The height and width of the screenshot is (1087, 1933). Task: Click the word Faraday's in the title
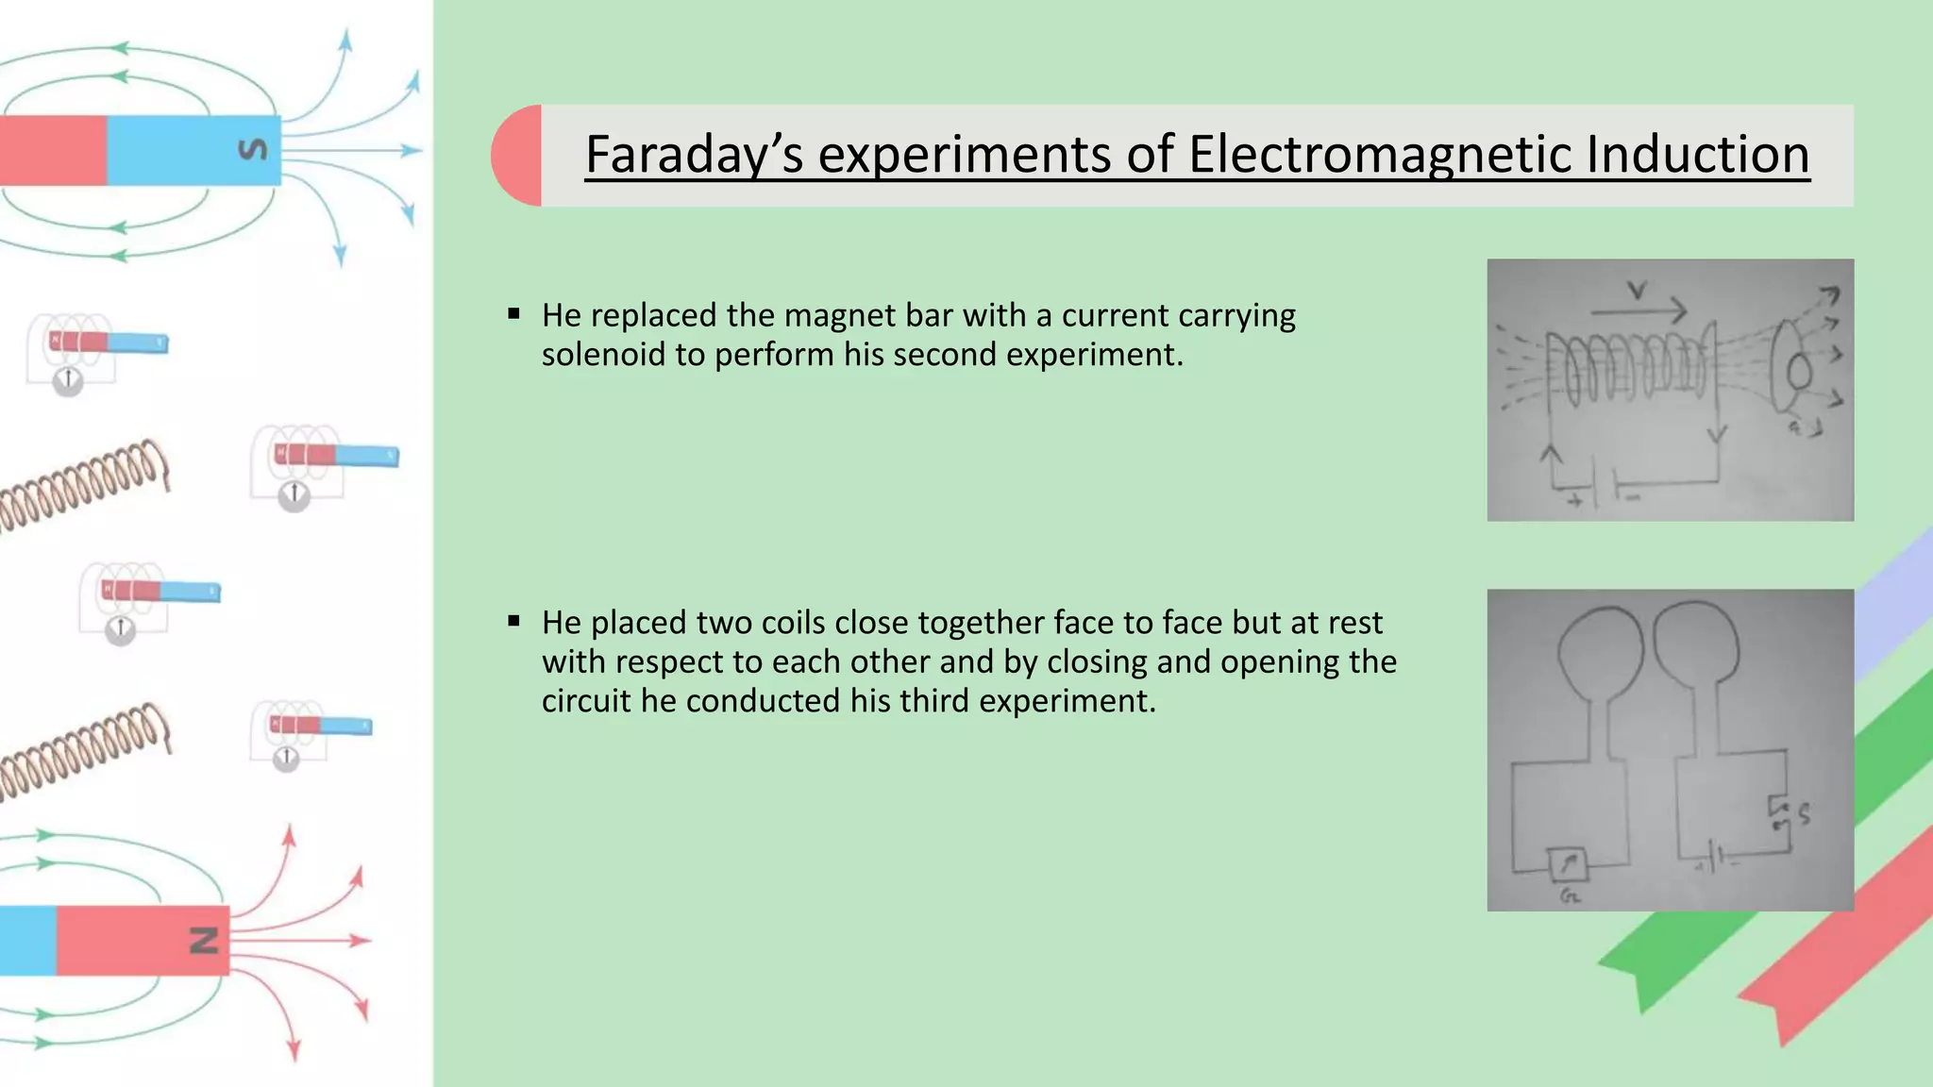tap(694, 155)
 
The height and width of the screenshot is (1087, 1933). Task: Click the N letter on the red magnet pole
tap(205, 940)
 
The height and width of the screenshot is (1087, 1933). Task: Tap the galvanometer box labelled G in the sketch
tap(1568, 863)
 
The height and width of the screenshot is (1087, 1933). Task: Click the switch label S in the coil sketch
tap(1804, 814)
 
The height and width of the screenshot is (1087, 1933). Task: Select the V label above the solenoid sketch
tap(1638, 292)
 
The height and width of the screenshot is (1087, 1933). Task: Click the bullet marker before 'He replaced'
tap(513, 314)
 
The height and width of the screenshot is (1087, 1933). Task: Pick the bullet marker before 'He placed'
tap(513, 621)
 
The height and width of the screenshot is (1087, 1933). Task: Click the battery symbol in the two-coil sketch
tap(1719, 860)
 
